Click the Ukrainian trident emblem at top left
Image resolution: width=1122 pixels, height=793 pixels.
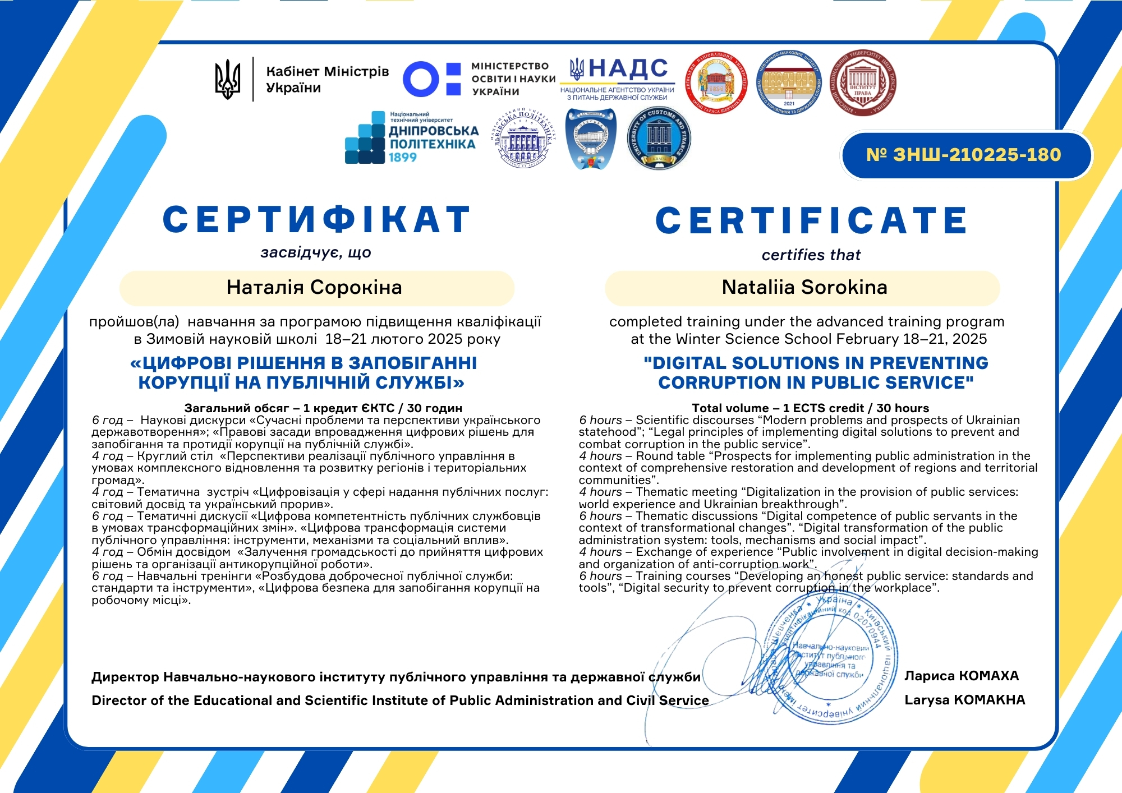click(228, 80)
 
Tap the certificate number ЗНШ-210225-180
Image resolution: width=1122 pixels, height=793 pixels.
click(964, 155)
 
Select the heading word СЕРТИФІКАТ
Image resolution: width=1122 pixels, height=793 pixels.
click(317, 219)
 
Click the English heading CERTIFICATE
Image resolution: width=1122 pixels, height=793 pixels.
click(811, 220)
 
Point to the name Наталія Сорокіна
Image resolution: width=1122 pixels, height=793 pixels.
click(314, 287)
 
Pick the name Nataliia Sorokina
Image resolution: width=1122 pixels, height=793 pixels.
click(804, 287)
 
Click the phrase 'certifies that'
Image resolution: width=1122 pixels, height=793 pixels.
click(811, 255)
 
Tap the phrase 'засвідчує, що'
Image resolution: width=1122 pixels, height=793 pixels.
click(316, 252)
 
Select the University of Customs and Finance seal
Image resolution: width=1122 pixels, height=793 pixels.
click(659, 139)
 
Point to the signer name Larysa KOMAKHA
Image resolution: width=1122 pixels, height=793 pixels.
click(964, 700)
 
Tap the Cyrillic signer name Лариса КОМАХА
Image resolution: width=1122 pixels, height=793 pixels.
click(962, 676)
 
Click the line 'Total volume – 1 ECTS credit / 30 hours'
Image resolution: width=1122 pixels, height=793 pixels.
click(810, 408)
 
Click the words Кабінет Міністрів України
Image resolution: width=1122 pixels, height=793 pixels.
click(327, 80)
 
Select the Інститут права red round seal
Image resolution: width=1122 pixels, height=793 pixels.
click(862, 83)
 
